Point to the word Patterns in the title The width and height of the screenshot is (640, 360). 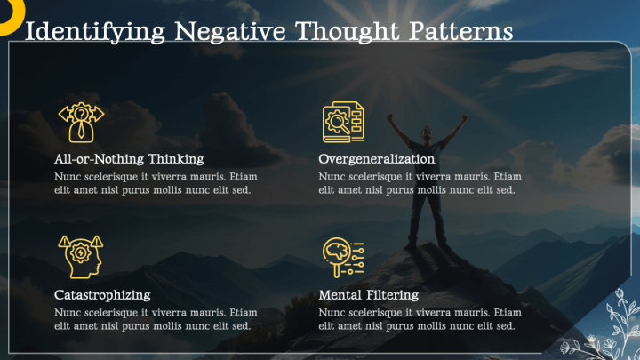pos(462,31)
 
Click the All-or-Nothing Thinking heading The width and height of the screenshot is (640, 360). pos(129,159)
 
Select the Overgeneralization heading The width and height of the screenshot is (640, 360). pos(377,159)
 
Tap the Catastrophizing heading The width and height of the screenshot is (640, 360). pos(102,294)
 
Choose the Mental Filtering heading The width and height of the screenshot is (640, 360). pos(368,294)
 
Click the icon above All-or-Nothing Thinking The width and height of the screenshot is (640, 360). pos(81,122)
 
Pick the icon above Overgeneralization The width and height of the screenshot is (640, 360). pos(342,123)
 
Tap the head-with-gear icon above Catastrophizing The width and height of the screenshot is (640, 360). pos(80,257)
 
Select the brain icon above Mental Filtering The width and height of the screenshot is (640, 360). pos(342,257)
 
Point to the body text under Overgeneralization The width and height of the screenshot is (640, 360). pos(420,183)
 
